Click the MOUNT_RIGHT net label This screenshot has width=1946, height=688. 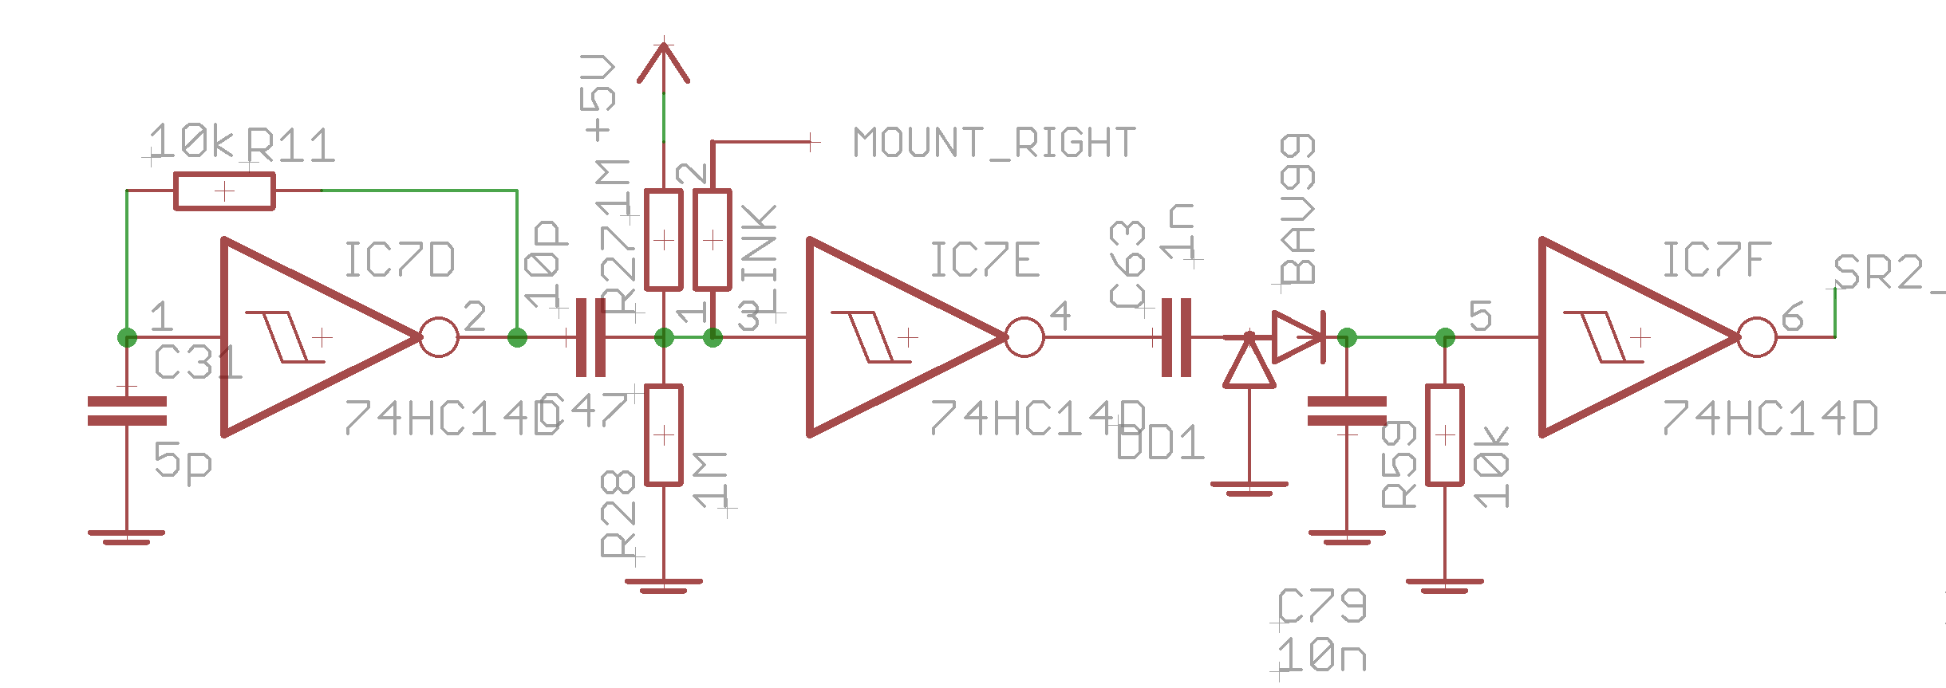point(994,143)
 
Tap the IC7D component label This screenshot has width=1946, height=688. point(399,261)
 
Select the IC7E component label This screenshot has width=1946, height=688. point(985,261)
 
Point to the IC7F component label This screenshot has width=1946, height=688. point(1716,261)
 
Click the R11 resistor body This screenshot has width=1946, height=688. point(224,191)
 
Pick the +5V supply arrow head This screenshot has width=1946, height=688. point(663,64)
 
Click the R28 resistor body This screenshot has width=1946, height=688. point(663,435)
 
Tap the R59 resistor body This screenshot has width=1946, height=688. point(1444,435)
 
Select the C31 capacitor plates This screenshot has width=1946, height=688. point(127,411)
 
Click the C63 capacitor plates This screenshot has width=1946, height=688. point(1176,337)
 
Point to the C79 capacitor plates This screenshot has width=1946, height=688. point(1347,411)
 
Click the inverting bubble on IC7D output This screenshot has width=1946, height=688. point(439,337)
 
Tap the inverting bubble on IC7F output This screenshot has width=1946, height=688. point(1757,337)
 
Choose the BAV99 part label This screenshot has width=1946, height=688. point(1297,209)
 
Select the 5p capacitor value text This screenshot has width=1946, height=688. point(183,461)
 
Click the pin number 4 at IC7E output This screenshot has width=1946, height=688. point(1060,316)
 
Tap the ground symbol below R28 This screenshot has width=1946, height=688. point(663,586)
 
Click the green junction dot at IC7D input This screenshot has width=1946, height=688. point(127,337)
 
